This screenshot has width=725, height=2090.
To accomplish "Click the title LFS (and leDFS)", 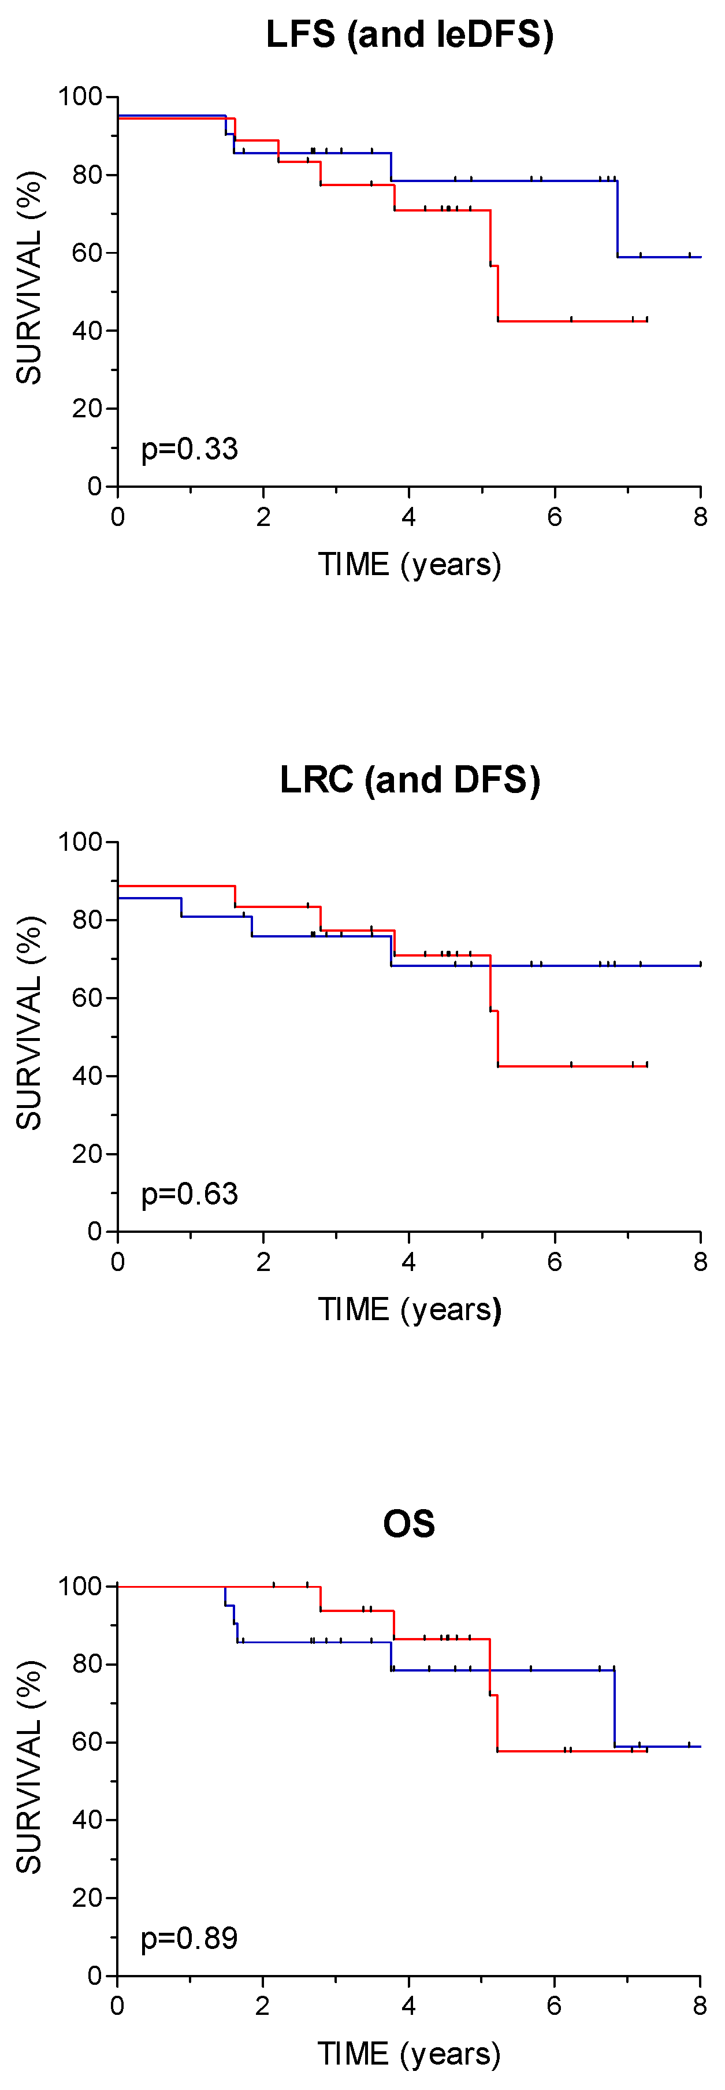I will (x=410, y=35).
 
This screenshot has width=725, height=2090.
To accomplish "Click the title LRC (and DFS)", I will (x=410, y=780).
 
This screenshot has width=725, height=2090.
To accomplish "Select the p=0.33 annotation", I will (x=189, y=449).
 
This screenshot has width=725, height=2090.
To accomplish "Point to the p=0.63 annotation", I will (x=189, y=1194).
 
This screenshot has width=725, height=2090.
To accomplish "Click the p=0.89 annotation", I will (x=189, y=1939).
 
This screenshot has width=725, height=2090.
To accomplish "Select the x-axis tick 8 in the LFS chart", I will (x=700, y=517).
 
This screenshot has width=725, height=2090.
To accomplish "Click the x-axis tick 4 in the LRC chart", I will (x=409, y=1262).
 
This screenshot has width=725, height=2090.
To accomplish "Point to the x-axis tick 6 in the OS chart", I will (x=554, y=2006).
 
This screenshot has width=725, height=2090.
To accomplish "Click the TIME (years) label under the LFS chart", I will (x=409, y=564).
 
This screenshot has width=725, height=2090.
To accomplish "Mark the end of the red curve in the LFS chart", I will (x=646, y=321).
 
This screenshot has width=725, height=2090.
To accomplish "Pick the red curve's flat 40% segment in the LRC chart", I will (x=572, y=1066).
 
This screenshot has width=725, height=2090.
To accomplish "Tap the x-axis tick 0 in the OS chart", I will (x=118, y=2006).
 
